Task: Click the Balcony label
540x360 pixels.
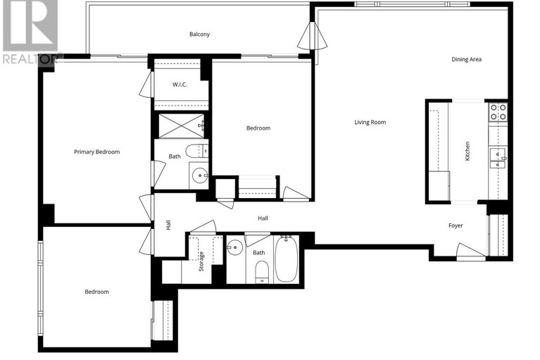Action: tap(199, 34)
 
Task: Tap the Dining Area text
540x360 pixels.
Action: tap(466, 59)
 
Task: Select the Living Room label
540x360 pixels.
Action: tap(370, 122)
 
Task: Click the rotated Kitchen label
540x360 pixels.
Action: tap(467, 151)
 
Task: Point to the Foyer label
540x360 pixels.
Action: tap(456, 225)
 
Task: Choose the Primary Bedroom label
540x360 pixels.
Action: tap(97, 151)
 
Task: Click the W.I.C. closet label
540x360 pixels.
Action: tap(180, 85)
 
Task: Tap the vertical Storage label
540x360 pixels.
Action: tap(201, 260)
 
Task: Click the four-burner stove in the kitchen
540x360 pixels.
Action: tap(498, 111)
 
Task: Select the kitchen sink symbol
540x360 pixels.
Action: tap(498, 154)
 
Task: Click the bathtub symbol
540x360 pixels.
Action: tap(286, 260)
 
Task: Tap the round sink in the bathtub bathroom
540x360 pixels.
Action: tap(235, 248)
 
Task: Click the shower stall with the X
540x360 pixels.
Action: tap(180, 125)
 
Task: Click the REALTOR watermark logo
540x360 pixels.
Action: tap(30, 32)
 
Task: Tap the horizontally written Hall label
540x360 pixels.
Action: tap(263, 218)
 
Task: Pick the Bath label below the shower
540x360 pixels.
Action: tap(174, 156)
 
